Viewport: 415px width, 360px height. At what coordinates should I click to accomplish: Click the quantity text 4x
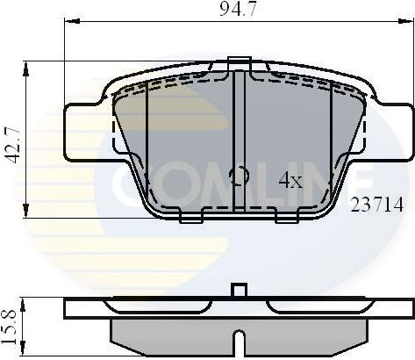(290, 181)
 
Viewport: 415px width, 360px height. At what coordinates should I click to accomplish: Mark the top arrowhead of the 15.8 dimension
(30, 301)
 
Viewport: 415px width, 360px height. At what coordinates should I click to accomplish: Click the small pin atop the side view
(237, 291)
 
